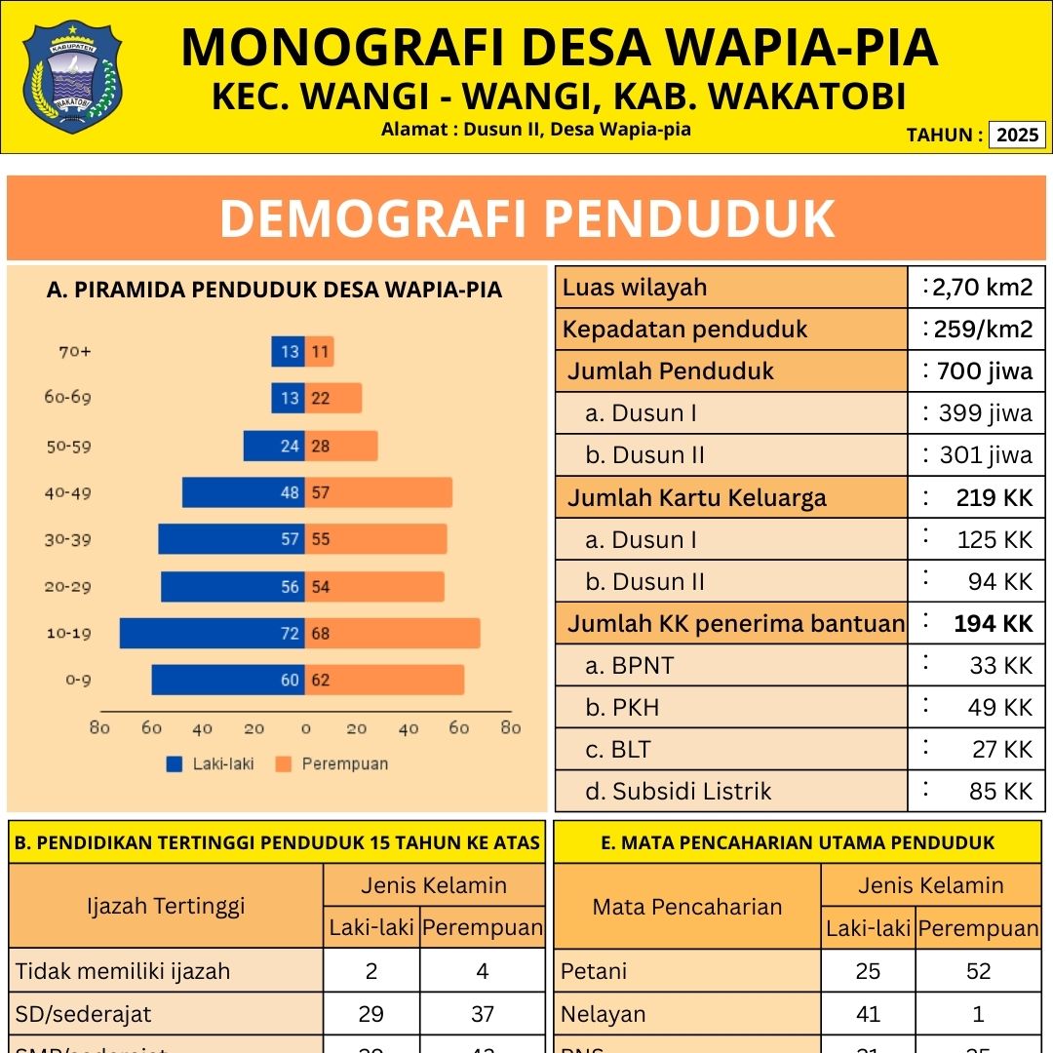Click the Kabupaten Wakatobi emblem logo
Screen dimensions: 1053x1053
(x=72, y=76)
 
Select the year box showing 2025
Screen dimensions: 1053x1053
(x=1017, y=135)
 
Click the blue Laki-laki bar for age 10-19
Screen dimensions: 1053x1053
(x=212, y=633)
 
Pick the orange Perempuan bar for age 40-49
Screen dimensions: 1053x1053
(x=379, y=492)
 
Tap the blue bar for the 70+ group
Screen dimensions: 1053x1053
(x=288, y=351)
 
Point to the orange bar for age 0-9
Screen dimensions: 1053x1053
(x=385, y=680)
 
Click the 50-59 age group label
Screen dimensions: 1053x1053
(x=69, y=446)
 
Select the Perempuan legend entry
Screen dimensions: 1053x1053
(x=333, y=763)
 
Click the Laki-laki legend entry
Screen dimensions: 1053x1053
(x=211, y=763)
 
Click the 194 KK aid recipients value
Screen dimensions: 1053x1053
(x=993, y=623)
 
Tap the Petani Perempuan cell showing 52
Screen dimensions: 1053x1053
(x=978, y=971)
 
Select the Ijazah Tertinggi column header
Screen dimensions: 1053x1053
(x=166, y=906)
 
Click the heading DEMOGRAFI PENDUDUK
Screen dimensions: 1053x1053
(x=526, y=218)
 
